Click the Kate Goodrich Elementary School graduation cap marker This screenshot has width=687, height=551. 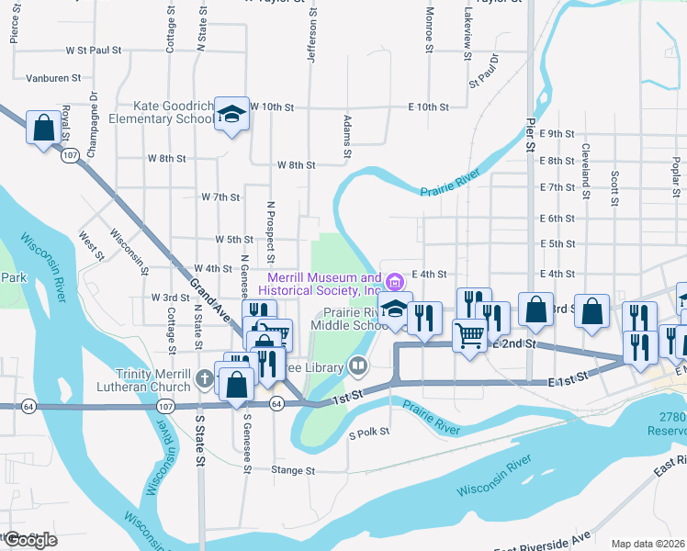pyautogui.click(x=231, y=115)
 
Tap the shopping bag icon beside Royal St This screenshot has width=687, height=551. pyautogui.click(x=43, y=129)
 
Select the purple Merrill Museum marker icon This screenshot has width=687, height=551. pyautogui.click(x=395, y=280)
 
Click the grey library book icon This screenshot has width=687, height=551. pyautogui.click(x=357, y=367)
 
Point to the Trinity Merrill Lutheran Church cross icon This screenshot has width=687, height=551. pyautogui.click(x=205, y=377)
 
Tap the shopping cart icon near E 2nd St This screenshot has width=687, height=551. pyautogui.click(x=470, y=338)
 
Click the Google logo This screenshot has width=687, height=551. pyautogui.click(x=29, y=540)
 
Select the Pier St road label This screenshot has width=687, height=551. pyautogui.click(x=530, y=133)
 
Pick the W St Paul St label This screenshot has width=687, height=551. pyautogui.click(x=94, y=51)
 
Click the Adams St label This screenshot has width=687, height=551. pyautogui.click(x=347, y=136)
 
